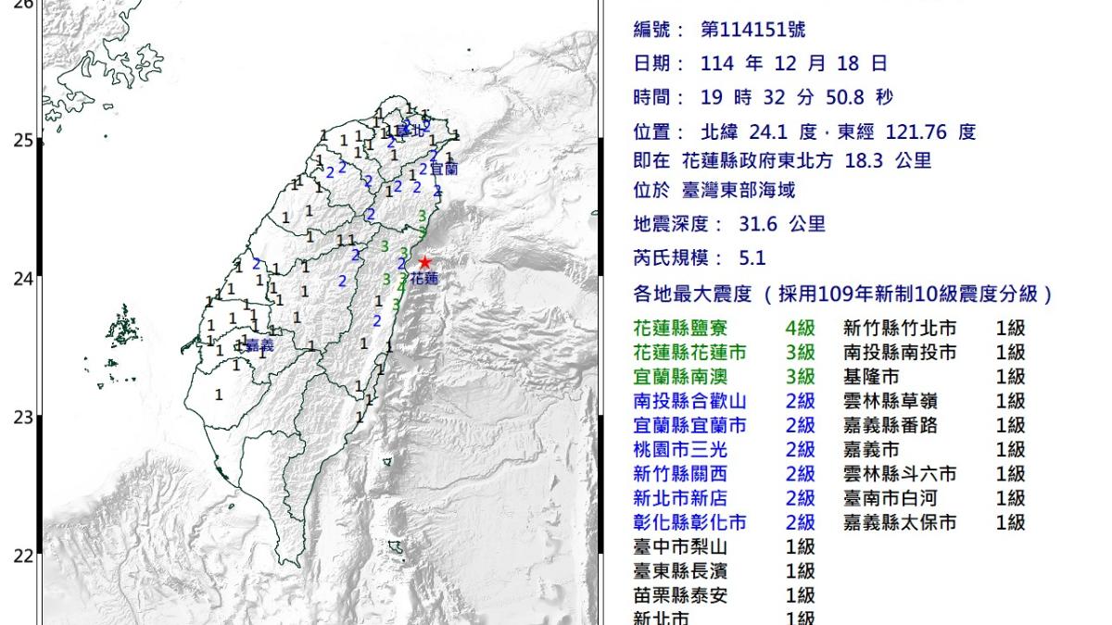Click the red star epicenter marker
[x=424, y=263]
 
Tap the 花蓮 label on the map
[x=423, y=278]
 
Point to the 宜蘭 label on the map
[x=444, y=169]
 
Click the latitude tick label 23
[x=22, y=418]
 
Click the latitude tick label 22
[x=22, y=556]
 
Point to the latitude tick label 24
[x=22, y=279]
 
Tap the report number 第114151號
[x=752, y=30]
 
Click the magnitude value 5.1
[x=752, y=258]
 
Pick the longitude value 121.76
[x=916, y=131]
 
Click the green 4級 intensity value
[x=800, y=329]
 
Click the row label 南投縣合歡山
[x=690, y=402]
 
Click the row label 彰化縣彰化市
[x=690, y=523]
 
